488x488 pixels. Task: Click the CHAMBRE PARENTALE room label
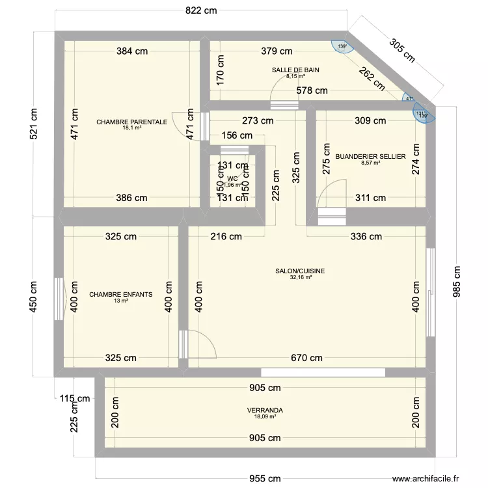(x=131, y=122)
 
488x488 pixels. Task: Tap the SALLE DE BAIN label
(x=295, y=70)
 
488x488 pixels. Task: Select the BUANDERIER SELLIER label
(x=370, y=157)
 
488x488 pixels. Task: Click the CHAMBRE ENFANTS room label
(x=121, y=294)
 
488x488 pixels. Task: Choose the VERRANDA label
(x=265, y=411)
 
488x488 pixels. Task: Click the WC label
(x=232, y=178)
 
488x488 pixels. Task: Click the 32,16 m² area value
(x=300, y=278)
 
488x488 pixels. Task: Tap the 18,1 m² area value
(x=131, y=128)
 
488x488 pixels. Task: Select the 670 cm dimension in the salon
(x=306, y=357)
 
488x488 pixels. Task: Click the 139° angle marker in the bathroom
(x=342, y=46)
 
